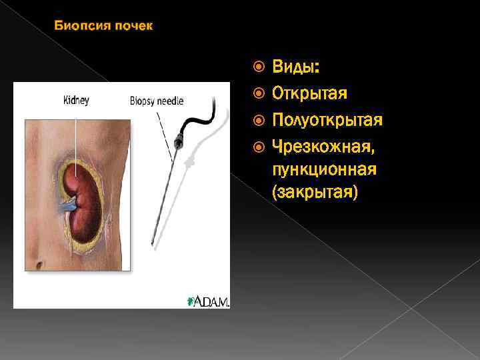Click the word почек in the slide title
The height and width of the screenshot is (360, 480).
pos(134,27)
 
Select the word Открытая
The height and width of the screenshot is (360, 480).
pos(309,93)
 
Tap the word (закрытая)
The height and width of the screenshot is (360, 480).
pos(315,193)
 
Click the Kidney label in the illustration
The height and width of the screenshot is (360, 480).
pos(75,101)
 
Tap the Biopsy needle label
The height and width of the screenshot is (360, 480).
pos(157,101)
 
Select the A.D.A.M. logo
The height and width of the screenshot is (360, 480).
pos(209,301)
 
